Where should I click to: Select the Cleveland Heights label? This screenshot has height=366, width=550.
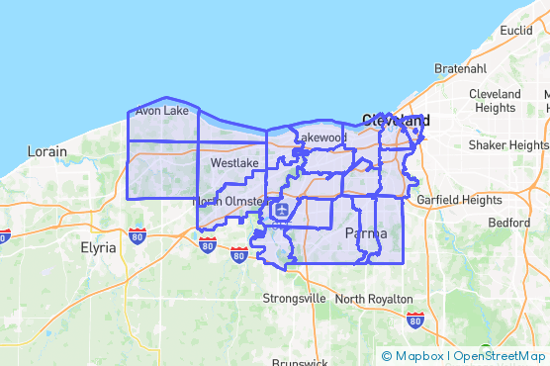pos(498,101)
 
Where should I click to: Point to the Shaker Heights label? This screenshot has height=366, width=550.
pos(507,144)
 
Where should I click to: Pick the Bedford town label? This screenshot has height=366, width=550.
pos(507,223)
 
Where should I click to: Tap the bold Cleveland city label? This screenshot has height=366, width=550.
pos(396,120)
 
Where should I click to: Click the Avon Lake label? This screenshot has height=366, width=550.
pos(162,111)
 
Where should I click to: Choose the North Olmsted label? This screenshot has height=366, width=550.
pos(228,201)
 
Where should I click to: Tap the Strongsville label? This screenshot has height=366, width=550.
pos(294,298)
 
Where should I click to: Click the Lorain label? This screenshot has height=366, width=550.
pos(47,152)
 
